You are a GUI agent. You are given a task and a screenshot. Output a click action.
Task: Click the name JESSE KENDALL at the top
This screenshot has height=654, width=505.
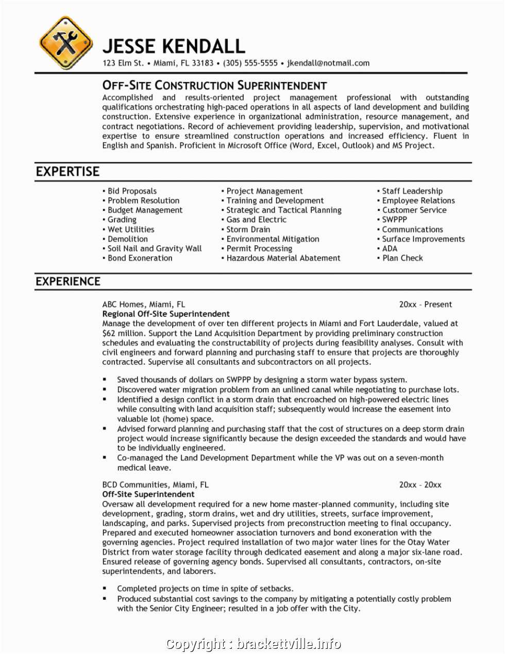click(174, 46)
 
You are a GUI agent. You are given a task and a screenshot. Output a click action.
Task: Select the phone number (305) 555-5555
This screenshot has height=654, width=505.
click(250, 63)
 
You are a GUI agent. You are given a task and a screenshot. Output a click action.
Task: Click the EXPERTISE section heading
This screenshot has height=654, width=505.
click(68, 172)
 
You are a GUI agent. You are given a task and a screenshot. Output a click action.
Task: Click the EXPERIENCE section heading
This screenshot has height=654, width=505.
click(68, 281)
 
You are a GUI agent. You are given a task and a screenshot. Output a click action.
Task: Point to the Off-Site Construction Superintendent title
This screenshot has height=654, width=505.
click(214, 86)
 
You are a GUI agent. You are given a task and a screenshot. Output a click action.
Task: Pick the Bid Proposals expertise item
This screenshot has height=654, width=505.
click(131, 191)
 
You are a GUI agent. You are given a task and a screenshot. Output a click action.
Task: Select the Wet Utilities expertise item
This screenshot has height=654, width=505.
click(130, 229)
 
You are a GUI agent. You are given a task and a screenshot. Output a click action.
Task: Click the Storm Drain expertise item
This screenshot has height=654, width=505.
click(248, 229)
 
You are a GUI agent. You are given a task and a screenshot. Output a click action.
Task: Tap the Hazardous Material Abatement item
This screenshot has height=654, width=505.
click(283, 258)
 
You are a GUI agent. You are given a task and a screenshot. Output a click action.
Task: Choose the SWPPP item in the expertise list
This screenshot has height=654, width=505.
click(394, 220)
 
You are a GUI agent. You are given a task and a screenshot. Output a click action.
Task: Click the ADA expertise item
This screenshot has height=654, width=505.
click(390, 248)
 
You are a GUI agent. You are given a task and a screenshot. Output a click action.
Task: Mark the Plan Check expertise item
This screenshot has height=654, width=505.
click(402, 258)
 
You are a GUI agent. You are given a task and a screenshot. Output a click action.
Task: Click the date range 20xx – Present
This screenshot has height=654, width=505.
click(425, 305)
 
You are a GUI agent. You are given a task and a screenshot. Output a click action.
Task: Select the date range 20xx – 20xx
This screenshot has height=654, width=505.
click(420, 485)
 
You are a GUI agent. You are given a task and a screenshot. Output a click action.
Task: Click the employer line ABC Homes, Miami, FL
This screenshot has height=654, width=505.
click(143, 305)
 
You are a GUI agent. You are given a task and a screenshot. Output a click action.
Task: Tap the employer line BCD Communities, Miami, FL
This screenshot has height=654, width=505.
click(155, 485)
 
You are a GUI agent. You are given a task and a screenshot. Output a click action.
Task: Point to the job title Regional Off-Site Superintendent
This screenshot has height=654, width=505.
click(166, 314)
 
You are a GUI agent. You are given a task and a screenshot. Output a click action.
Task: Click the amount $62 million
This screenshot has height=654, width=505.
click(121, 333)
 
